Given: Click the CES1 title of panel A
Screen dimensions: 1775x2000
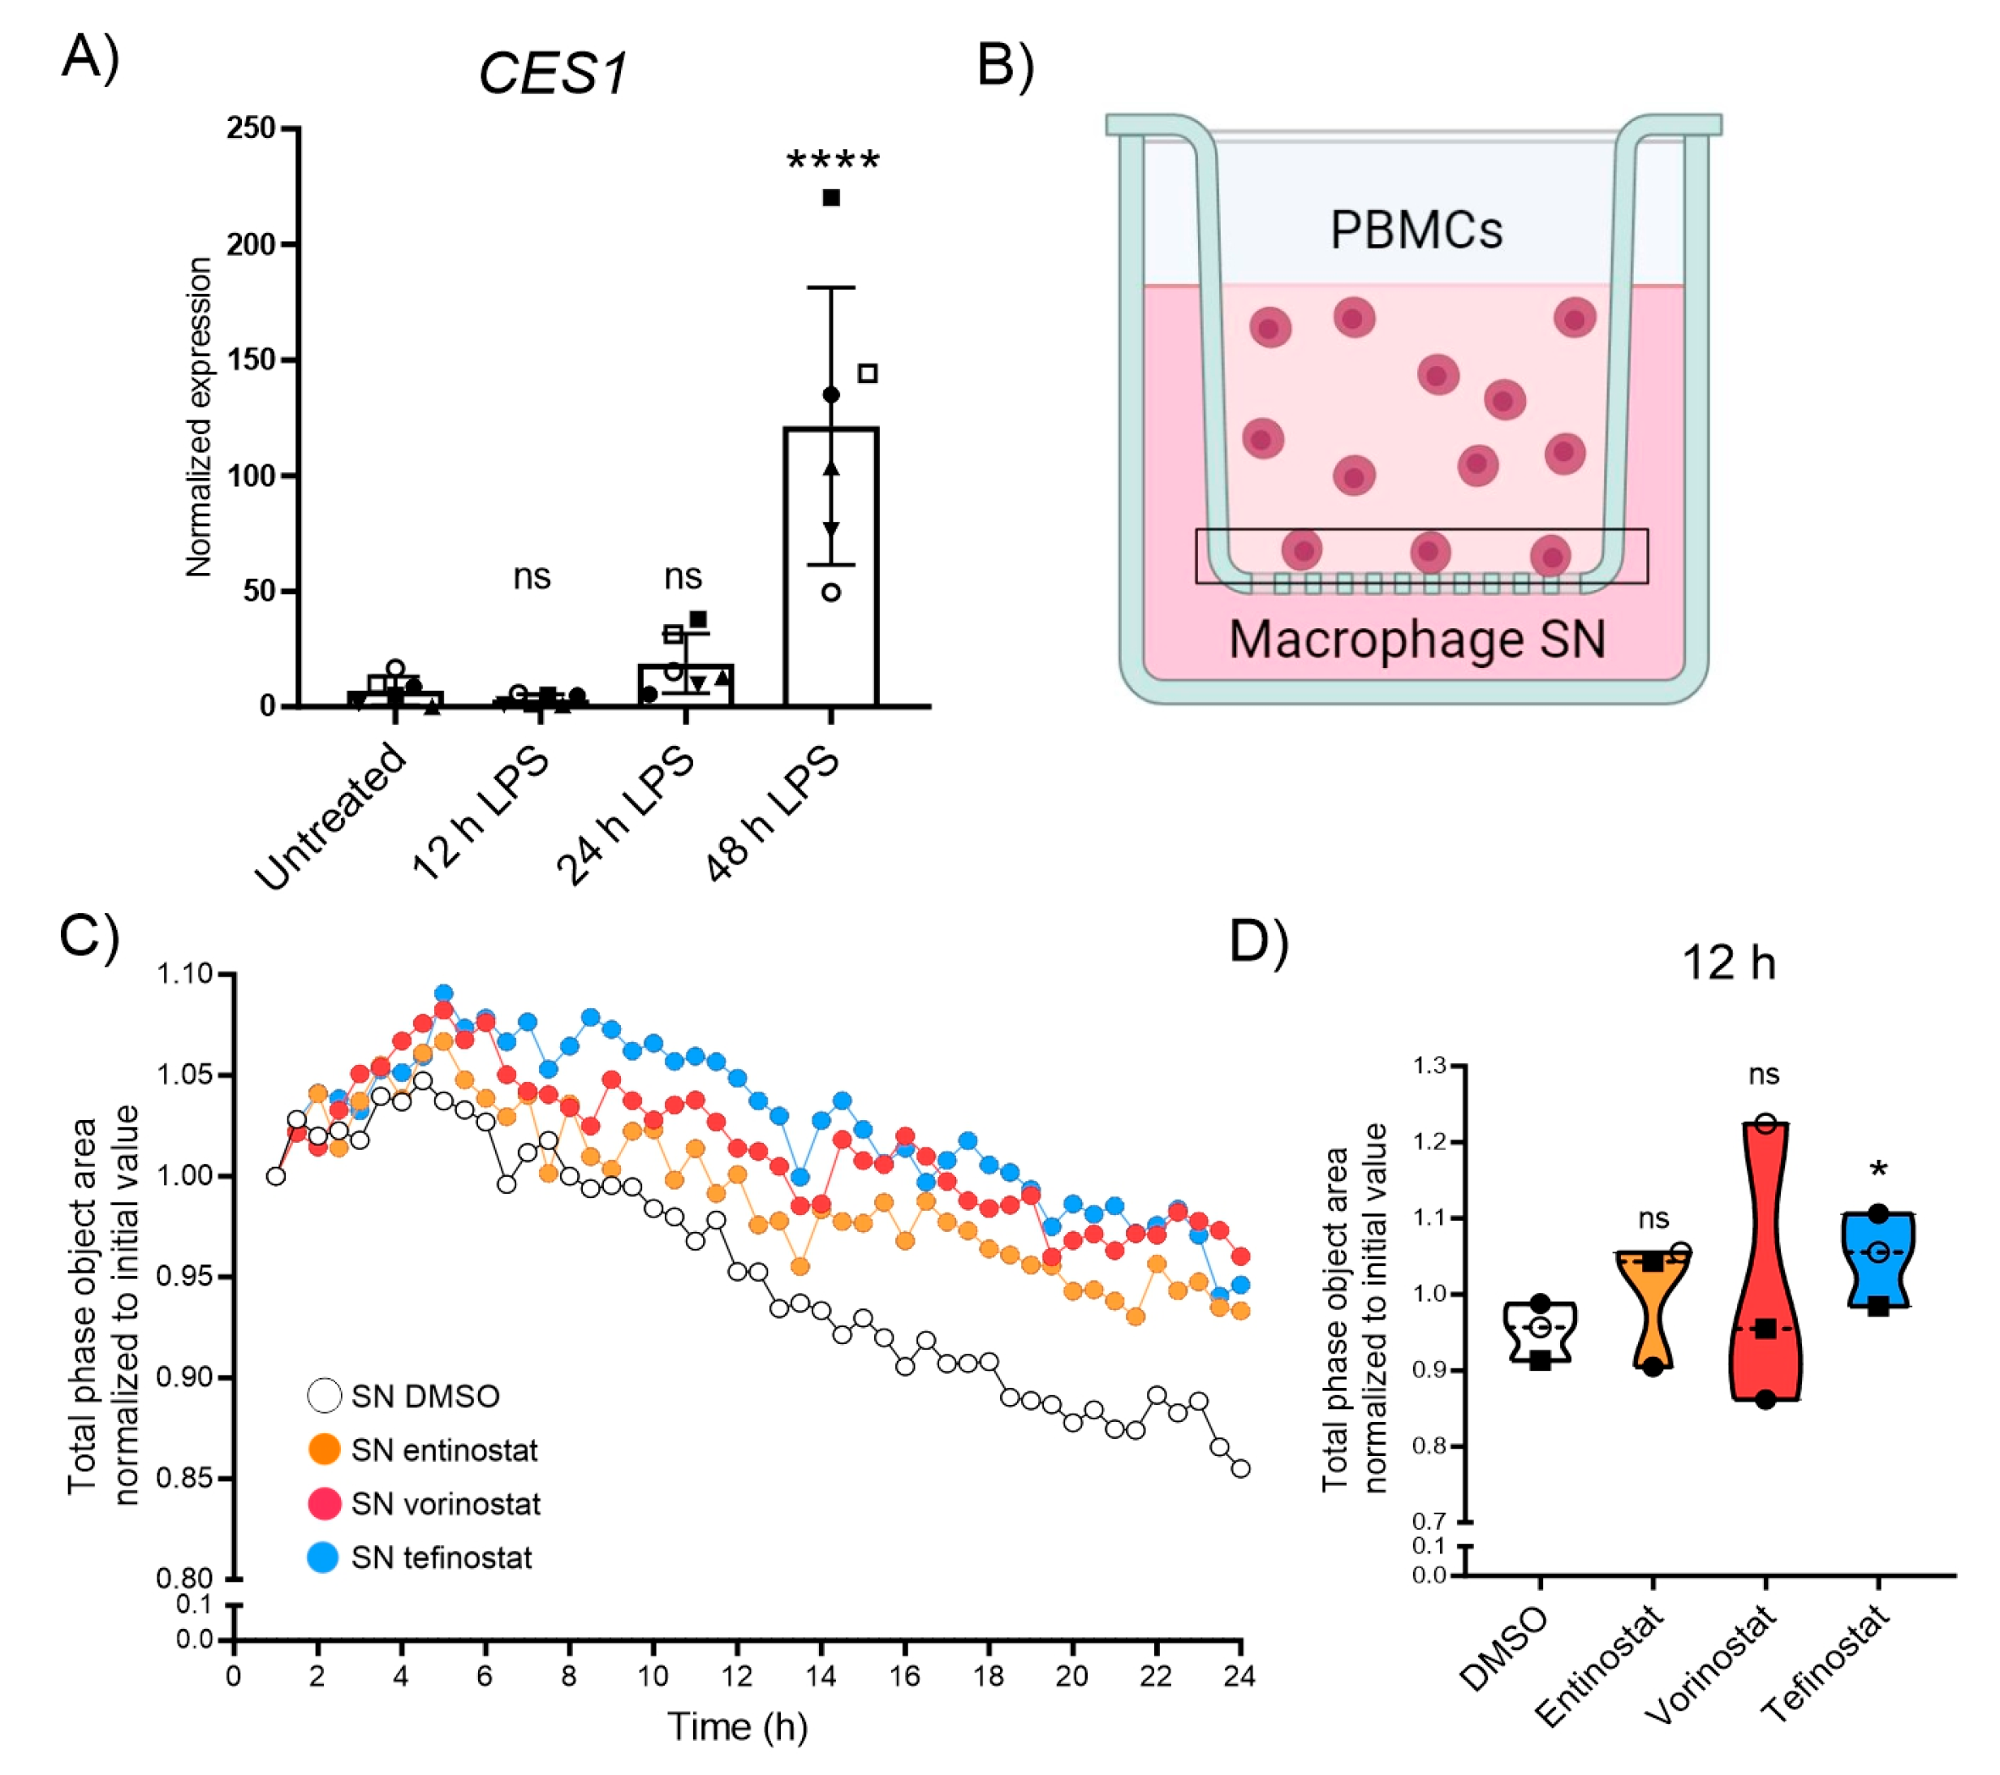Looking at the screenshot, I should [x=553, y=73].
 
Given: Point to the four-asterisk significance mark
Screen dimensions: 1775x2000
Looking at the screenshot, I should [x=833, y=161].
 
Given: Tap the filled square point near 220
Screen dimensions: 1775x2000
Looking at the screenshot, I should [x=830, y=198].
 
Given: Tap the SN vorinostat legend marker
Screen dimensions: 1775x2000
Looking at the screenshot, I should [x=324, y=1504].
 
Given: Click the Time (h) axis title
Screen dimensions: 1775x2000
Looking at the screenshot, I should [x=737, y=1726].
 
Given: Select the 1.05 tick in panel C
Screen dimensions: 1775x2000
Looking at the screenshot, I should [x=185, y=1075].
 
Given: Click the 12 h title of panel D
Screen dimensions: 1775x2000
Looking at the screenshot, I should [x=1728, y=963].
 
